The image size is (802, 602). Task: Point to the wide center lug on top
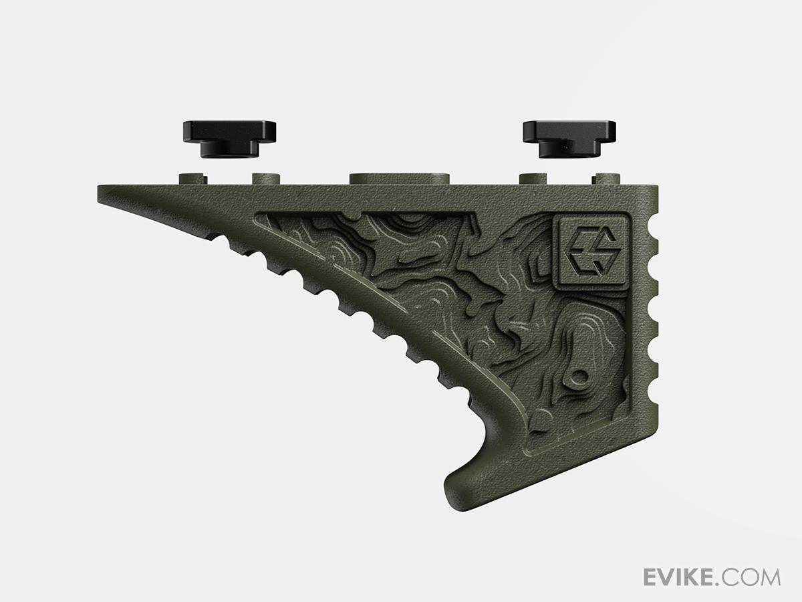(398, 179)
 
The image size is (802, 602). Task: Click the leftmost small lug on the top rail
(193, 179)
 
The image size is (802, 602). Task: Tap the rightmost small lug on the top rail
(606, 179)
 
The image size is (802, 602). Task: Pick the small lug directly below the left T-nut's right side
(265, 179)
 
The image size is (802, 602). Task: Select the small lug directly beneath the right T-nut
(533, 179)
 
